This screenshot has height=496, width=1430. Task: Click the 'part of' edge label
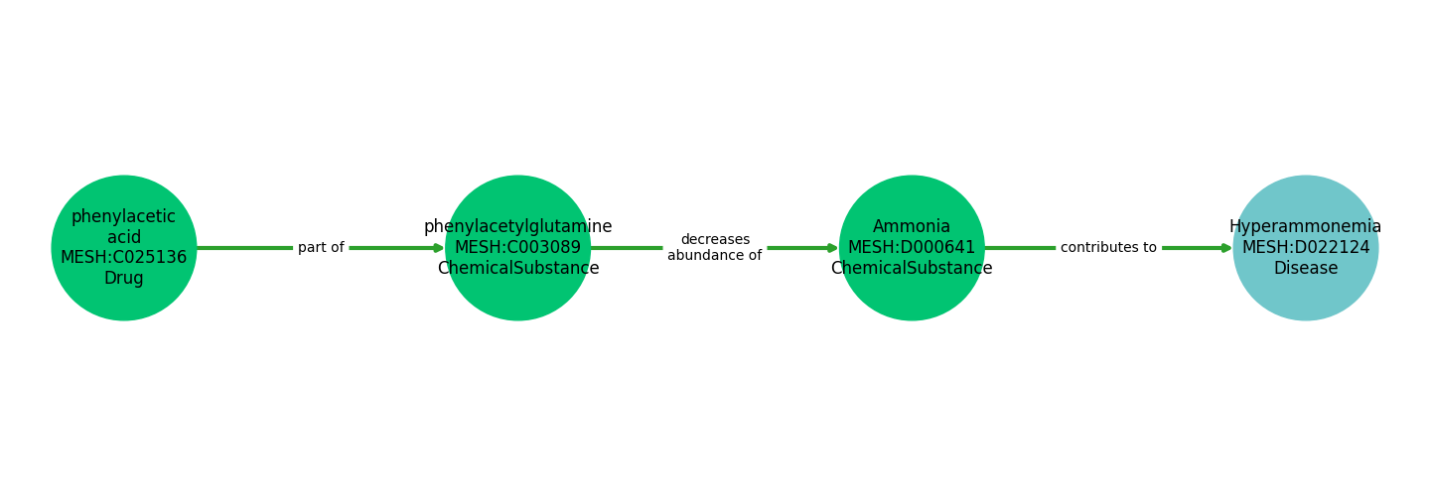[321, 248]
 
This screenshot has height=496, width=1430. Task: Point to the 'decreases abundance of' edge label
[714, 248]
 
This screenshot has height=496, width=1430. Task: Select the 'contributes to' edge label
[1108, 248]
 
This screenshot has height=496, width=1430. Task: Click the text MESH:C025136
[124, 258]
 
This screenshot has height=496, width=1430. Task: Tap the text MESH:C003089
[517, 248]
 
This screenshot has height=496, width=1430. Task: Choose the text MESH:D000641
[912, 248]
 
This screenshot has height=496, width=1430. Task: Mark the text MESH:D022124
[1305, 248]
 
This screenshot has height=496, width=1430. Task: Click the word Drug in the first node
[124, 279]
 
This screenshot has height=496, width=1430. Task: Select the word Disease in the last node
[1305, 269]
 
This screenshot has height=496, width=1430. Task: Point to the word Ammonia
[912, 227]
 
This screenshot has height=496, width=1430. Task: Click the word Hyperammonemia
[1305, 227]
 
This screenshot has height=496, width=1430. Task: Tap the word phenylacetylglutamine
[517, 227]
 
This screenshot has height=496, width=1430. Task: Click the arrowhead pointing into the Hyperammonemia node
[1227, 248]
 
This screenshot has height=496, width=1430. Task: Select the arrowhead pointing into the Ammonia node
[833, 248]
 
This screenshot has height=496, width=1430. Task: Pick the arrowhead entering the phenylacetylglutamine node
[439, 248]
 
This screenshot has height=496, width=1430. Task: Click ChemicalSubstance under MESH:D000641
[912, 269]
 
